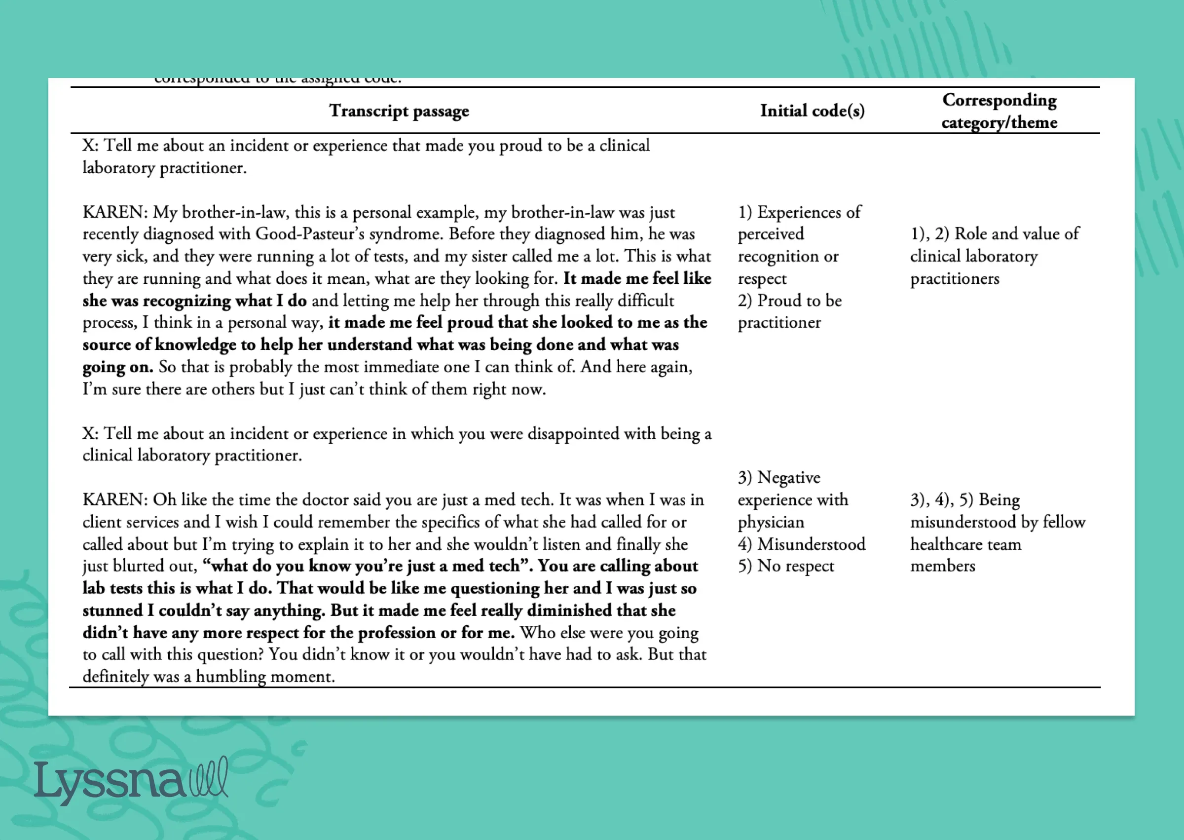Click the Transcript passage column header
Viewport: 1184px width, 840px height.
click(399, 111)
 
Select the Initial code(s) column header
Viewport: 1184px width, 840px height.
click(812, 111)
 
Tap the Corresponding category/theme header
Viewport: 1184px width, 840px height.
click(999, 111)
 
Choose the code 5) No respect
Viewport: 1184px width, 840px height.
click(786, 566)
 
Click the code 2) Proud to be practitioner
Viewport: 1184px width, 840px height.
click(789, 311)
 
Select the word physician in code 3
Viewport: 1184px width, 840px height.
click(771, 522)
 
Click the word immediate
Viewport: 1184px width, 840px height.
click(395, 367)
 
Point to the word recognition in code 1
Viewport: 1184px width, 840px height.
click(788, 256)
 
